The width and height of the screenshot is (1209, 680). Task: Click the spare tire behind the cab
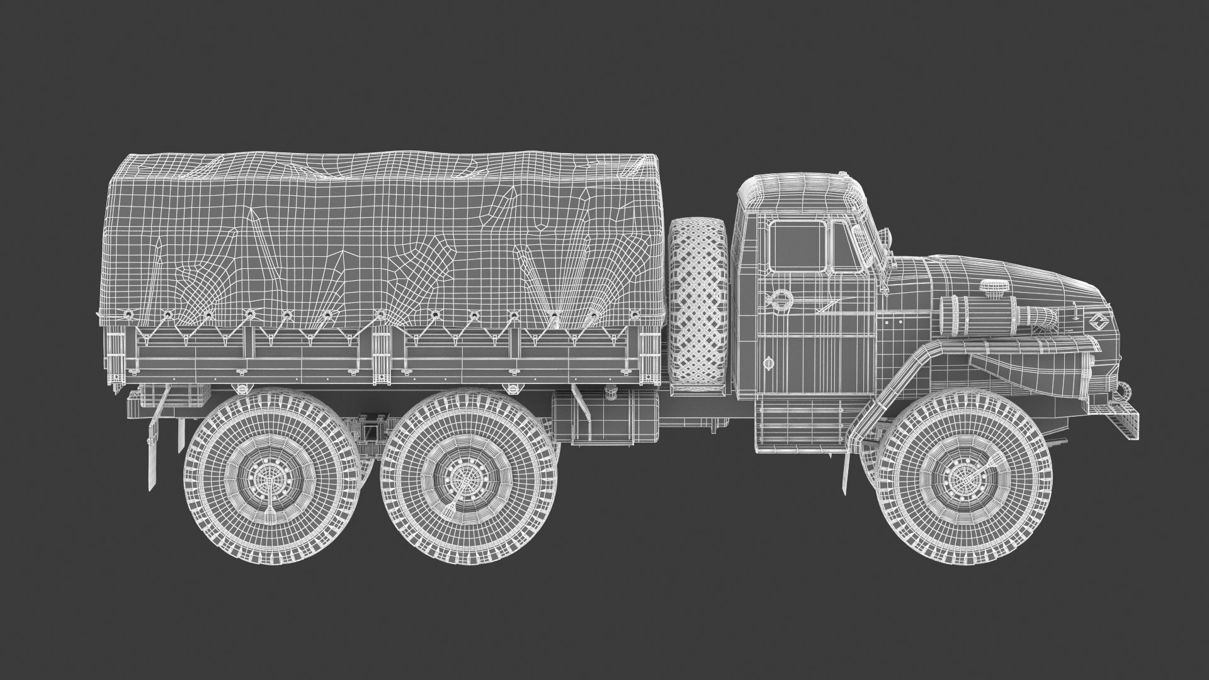[x=698, y=302]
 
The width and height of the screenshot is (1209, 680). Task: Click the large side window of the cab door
[x=797, y=247]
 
